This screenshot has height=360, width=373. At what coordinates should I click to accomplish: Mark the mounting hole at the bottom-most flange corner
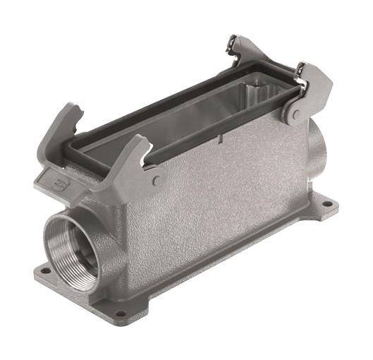point(121,314)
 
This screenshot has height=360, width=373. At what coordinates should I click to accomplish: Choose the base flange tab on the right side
point(321,209)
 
